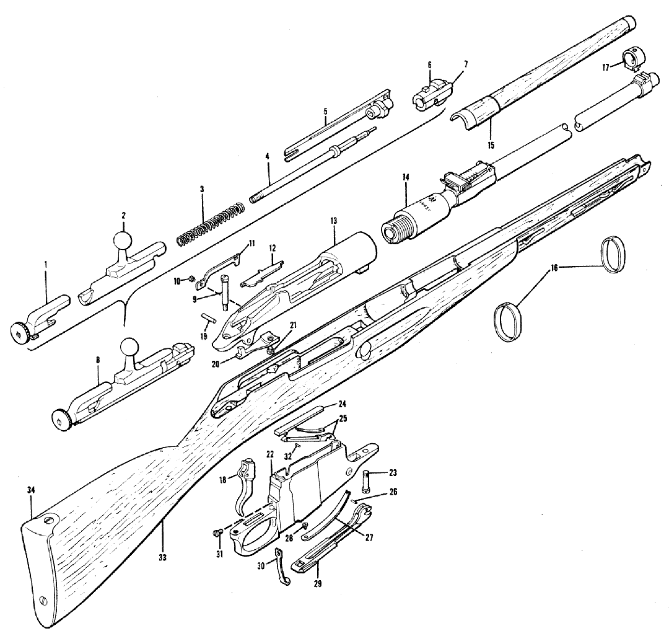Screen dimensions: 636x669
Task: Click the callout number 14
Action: (406, 177)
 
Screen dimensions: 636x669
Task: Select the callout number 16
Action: (553, 268)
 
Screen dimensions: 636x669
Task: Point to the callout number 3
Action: (203, 188)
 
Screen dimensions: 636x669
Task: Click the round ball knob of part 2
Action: (123, 241)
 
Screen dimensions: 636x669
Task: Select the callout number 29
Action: (318, 583)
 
